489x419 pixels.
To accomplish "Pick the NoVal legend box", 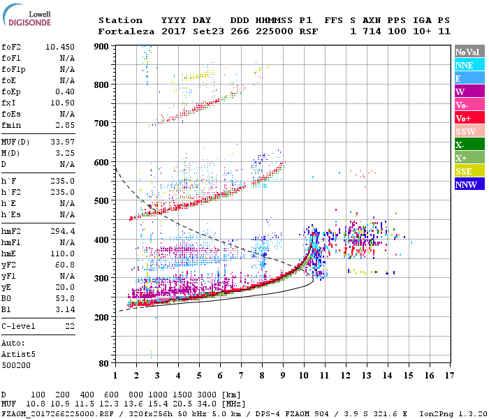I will [469, 52].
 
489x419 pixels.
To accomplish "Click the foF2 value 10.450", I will [61, 46].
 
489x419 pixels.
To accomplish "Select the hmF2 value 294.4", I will [63, 230].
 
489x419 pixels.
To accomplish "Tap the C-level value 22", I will [69, 325].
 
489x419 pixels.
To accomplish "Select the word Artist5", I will [19, 354].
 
